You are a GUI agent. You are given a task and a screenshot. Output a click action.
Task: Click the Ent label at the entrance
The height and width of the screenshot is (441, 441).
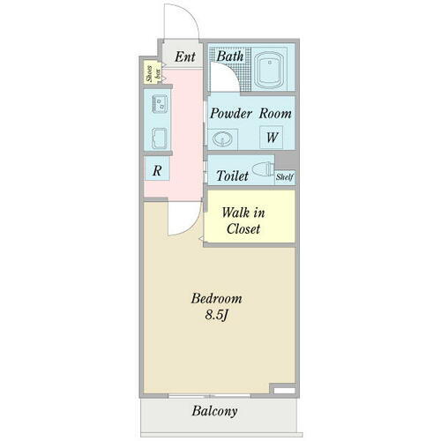pyautogui.click(x=184, y=57)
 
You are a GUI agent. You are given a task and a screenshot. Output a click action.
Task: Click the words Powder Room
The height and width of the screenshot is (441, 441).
pyautogui.click(x=250, y=114)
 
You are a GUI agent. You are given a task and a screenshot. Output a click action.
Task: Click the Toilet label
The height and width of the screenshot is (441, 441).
pyautogui.click(x=230, y=175)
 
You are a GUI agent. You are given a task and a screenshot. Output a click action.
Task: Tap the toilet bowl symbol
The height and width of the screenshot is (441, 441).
pyautogui.click(x=263, y=171)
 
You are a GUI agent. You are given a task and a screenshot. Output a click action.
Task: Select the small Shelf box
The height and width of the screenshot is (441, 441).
pyautogui.click(x=284, y=177)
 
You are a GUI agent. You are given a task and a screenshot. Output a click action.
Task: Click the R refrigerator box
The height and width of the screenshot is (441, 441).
pyautogui.click(x=156, y=170)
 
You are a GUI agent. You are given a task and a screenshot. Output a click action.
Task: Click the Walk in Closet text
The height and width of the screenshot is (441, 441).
pyautogui.click(x=243, y=221)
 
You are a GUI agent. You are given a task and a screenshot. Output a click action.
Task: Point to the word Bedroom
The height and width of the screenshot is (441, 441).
pyautogui.click(x=216, y=298)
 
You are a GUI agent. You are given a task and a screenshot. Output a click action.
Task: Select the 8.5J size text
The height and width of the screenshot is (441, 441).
pyautogui.click(x=216, y=315)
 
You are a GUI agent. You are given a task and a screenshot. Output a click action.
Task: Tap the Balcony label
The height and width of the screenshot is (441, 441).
pyautogui.click(x=215, y=411)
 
